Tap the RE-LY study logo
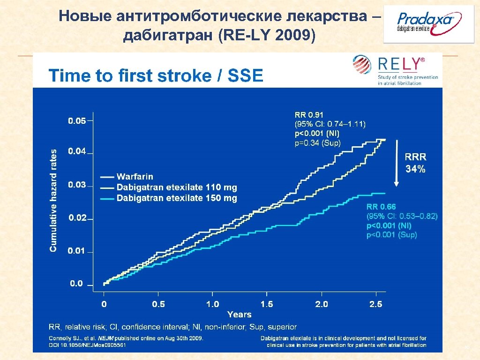click(x=396, y=70)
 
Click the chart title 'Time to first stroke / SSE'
click(x=156, y=75)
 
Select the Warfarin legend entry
click(x=135, y=177)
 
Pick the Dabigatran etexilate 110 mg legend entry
click(x=176, y=187)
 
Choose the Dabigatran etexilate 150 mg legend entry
click(x=176, y=198)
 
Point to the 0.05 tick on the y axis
click(x=77, y=121)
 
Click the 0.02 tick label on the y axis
click(x=77, y=218)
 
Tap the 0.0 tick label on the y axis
click(x=76, y=284)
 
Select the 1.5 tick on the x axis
click(x=266, y=304)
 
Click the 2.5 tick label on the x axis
click(x=375, y=304)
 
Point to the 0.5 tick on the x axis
click(x=158, y=304)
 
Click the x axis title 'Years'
click(x=239, y=315)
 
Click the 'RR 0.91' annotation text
click(x=308, y=114)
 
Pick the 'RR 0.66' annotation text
click(x=381, y=207)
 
